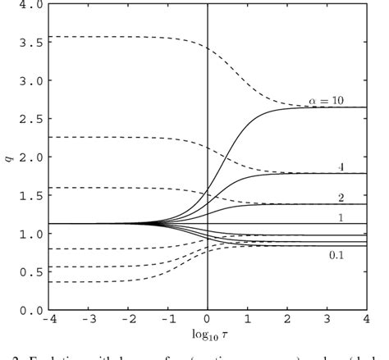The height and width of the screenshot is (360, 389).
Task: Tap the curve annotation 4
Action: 339,166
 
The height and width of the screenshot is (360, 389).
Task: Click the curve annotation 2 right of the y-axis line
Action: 340,198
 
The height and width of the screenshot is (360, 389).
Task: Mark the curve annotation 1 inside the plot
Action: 340,218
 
